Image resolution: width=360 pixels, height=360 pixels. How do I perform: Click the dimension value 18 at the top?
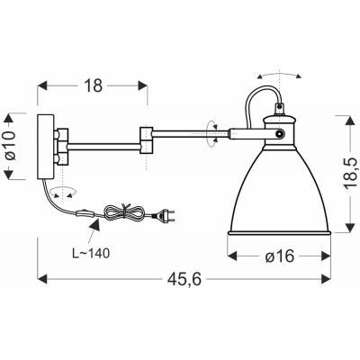tap(92, 85)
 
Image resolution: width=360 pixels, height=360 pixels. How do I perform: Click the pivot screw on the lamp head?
tap(282, 134)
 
